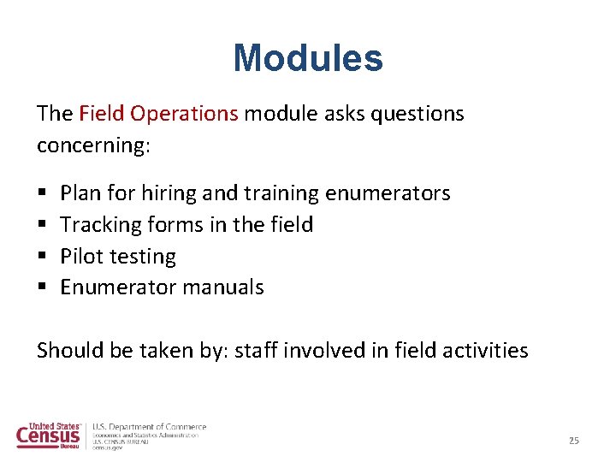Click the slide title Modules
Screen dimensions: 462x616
point(308,58)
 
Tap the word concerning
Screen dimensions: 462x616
point(92,145)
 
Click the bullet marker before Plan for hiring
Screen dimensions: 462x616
point(42,194)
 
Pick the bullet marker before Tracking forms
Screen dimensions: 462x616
point(42,225)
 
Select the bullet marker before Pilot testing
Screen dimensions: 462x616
point(42,257)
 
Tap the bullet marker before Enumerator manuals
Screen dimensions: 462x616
point(42,287)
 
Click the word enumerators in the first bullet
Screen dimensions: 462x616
point(388,194)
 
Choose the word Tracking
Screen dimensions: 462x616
point(99,225)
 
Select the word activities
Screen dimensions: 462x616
point(489,351)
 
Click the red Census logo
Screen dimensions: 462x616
point(49,435)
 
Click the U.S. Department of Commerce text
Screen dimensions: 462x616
point(150,427)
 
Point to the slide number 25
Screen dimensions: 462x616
point(573,441)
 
